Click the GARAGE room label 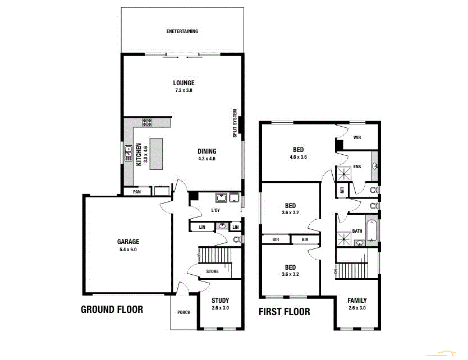[x=128, y=242]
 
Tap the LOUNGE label [x=183, y=83]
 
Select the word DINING [x=207, y=151]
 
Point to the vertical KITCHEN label [x=139, y=154]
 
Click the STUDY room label [x=220, y=301]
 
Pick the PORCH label [x=183, y=313]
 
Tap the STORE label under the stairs [x=212, y=271]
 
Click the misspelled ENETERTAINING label [x=182, y=31]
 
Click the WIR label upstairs [x=357, y=137]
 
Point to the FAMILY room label [x=357, y=301]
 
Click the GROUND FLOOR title [x=112, y=309]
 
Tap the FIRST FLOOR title [x=284, y=312]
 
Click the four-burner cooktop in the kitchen [x=148, y=122]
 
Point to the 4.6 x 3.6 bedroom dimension [x=298, y=157]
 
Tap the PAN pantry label [x=137, y=192]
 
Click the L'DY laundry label [x=215, y=210]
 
